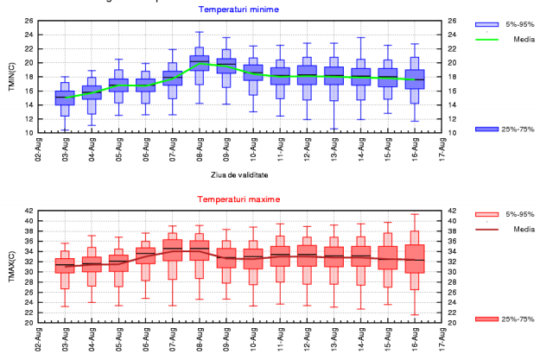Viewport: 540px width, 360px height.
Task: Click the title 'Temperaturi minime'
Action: click(x=234, y=9)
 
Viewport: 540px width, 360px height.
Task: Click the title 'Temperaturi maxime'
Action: click(x=234, y=199)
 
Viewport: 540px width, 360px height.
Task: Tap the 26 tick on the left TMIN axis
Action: click(x=29, y=21)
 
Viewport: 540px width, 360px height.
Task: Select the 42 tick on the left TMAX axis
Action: click(x=29, y=211)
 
